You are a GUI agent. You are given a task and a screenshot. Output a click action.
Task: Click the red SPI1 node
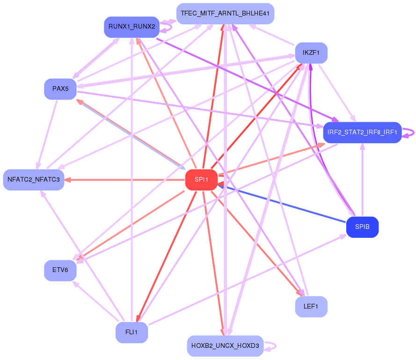201,180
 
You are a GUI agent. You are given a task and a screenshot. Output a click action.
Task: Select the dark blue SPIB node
362,228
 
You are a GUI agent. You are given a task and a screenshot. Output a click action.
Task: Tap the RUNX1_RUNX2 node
131,27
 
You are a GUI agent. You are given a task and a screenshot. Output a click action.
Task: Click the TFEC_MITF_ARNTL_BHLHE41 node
225,14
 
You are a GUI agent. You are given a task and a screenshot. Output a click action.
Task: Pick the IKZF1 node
311,53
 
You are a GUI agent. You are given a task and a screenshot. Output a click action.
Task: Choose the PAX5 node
60,89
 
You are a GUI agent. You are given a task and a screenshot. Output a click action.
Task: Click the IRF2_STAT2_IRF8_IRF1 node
362,132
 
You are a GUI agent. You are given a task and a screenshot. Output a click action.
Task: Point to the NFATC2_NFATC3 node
34,180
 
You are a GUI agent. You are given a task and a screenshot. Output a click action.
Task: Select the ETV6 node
60,270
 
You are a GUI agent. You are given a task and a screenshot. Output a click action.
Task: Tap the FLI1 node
131,332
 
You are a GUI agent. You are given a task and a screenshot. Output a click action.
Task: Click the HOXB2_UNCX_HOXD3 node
225,346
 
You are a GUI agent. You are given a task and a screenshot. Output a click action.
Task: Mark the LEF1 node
311,307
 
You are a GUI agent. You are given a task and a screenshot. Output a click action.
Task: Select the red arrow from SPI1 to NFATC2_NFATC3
126,180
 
